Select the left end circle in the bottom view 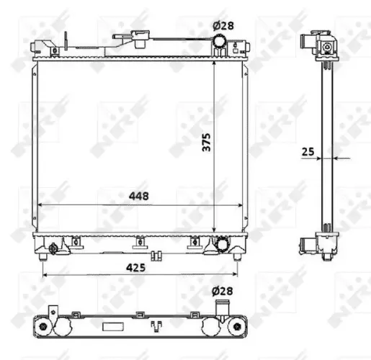coord(46,328)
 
